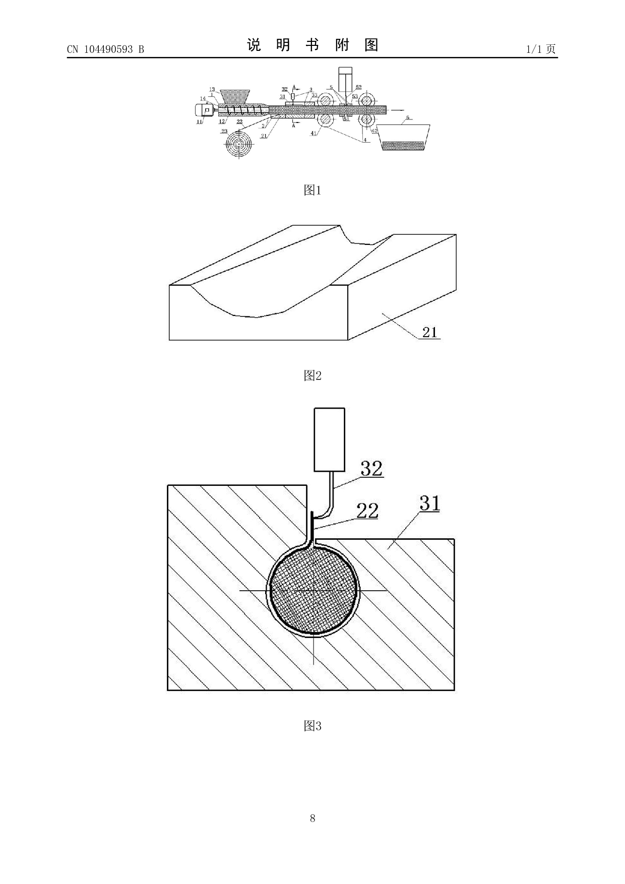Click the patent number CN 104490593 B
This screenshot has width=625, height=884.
click(105, 49)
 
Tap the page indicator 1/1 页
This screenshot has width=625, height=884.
click(541, 49)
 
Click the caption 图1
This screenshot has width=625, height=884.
click(312, 190)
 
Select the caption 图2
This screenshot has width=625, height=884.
click(312, 375)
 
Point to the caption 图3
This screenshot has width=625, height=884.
click(312, 726)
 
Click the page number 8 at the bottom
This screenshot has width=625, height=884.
click(312, 818)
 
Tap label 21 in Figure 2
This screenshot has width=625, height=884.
click(429, 332)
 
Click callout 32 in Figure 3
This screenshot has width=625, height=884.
click(371, 469)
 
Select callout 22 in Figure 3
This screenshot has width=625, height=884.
click(367, 511)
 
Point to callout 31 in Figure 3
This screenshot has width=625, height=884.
click(429, 503)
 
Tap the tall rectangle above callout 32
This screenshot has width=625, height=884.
click(329, 439)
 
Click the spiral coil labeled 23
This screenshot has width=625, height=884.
click(238, 144)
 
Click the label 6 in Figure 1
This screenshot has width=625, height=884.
click(408, 117)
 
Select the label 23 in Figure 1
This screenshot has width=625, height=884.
click(224, 132)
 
